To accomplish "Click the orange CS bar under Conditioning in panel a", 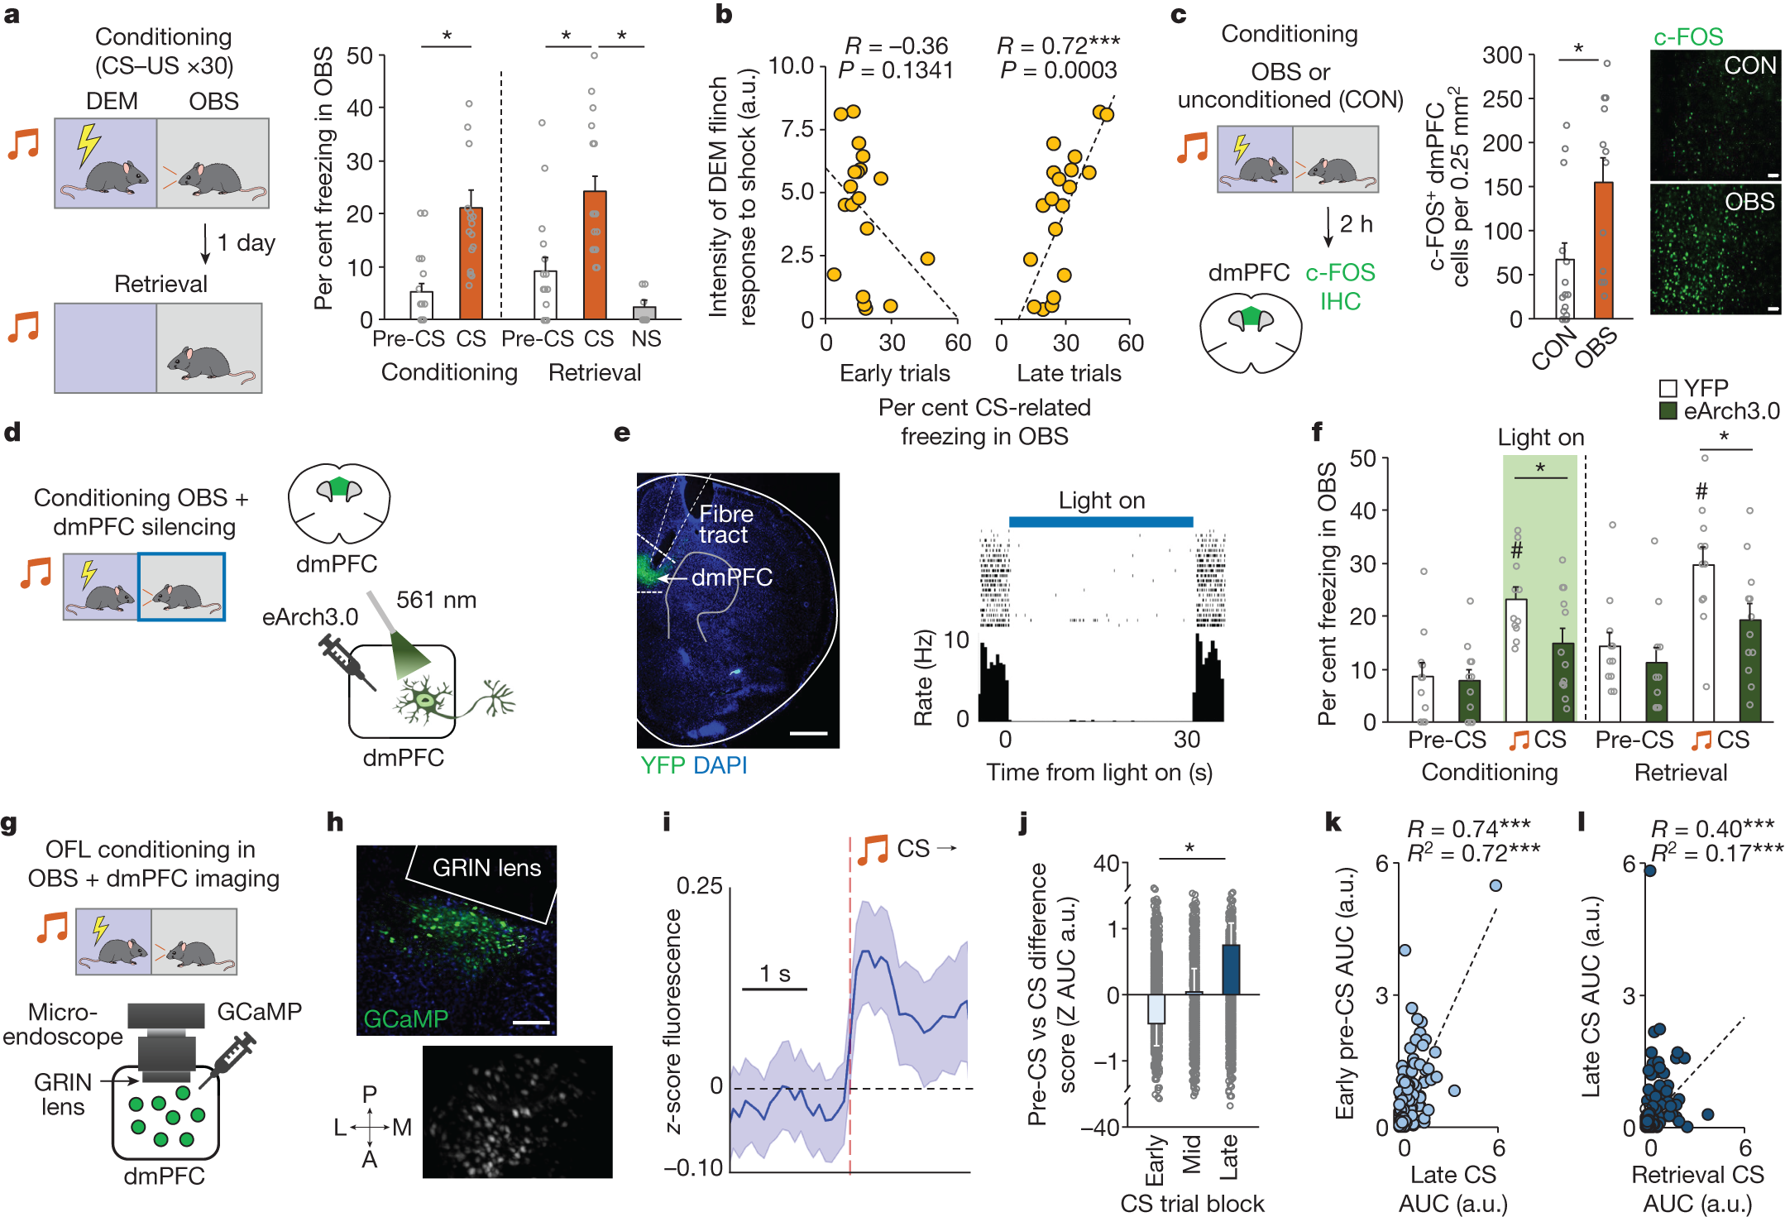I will click(471, 265).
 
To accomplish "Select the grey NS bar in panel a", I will click(644, 313).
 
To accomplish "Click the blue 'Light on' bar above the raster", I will click(1100, 521).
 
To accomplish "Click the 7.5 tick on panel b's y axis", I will click(797, 129).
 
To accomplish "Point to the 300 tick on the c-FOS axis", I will click(1503, 55).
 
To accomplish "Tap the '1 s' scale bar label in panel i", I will click(774, 974).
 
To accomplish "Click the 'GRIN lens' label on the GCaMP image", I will click(486, 868).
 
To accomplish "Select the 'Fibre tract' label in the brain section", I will click(725, 525).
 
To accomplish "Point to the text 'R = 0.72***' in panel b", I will click(1058, 46).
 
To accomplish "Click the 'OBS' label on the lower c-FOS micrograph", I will click(1749, 202).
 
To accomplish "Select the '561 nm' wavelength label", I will click(436, 600).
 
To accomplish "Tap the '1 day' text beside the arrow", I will click(246, 242).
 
